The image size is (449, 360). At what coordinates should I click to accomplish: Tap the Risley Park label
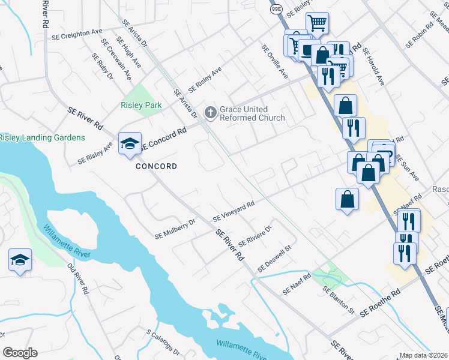point(141,105)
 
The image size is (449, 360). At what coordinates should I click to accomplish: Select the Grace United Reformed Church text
point(252,113)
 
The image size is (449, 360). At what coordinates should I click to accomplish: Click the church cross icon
point(211,112)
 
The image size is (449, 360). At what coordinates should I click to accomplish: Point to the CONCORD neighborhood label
point(156,166)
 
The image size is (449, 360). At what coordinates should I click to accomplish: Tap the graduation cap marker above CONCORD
point(130,144)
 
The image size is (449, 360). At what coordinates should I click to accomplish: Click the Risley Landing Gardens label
point(42,137)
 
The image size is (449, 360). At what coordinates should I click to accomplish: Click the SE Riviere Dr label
point(256,236)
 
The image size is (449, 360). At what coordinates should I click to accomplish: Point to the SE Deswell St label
point(274,257)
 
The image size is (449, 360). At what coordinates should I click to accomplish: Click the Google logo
point(20,353)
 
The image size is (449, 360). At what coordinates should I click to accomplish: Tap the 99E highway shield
point(276,11)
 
